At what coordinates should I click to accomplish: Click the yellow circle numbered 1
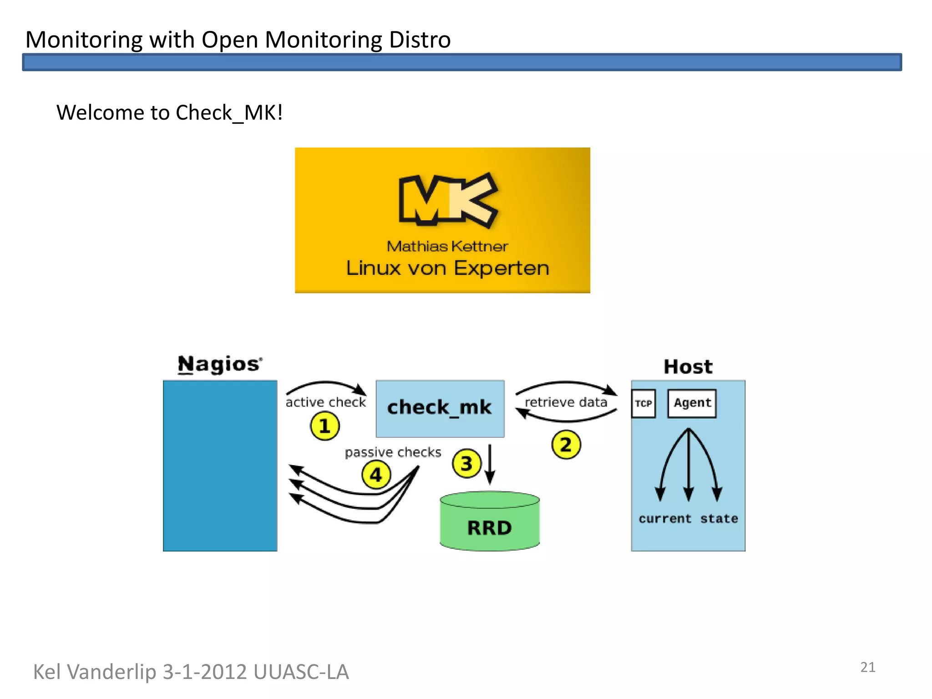point(324,426)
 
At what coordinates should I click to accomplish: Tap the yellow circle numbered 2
point(566,445)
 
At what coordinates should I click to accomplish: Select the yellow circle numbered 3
point(466,464)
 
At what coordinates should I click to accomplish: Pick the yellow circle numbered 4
point(376,475)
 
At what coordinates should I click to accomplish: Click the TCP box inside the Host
point(643,403)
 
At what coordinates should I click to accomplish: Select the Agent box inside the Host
point(692,403)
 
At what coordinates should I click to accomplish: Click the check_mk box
point(440,408)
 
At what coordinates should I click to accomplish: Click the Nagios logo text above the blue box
point(220,365)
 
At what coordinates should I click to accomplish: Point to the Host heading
point(688,367)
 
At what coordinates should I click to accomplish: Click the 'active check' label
point(325,402)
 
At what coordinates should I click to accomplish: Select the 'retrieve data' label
point(566,402)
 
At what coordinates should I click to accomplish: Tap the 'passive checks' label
point(393,452)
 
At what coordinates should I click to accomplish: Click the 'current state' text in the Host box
point(688,519)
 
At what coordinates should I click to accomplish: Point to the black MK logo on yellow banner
point(448,200)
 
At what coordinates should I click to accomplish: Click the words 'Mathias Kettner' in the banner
point(447,246)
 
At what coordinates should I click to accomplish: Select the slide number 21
point(868,668)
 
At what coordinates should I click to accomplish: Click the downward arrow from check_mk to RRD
point(490,464)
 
